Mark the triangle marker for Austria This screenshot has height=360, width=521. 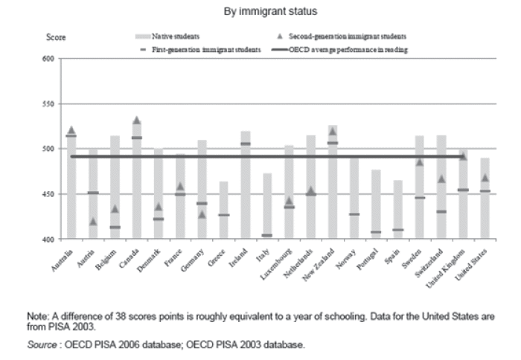(x=93, y=222)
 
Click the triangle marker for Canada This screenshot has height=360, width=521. (x=137, y=120)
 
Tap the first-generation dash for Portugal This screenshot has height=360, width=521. (x=377, y=232)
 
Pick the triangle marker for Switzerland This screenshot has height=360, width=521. (x=441, y=179)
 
